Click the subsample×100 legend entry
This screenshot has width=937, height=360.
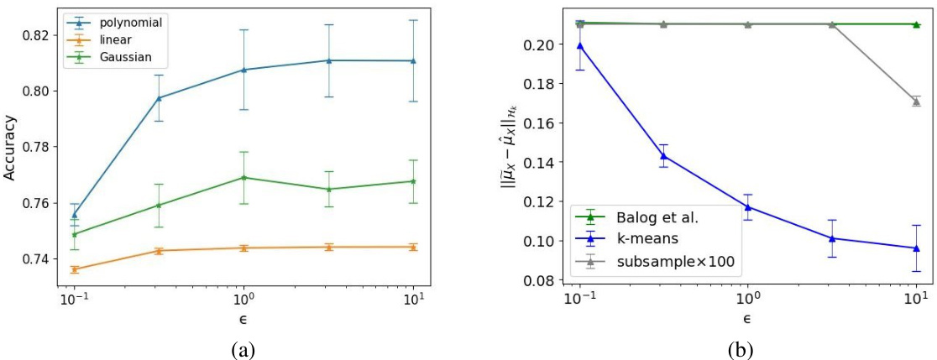(675, 261)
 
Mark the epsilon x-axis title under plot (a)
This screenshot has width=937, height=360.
(243, 319)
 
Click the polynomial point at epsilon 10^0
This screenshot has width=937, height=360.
(243, 70)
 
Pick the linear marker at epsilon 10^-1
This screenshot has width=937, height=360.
(75, 269)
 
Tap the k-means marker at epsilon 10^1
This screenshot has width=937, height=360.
(916, 248)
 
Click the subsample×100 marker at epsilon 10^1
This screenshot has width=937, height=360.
(916, 102)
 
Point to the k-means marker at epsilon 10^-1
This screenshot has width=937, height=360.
(579, 45)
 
